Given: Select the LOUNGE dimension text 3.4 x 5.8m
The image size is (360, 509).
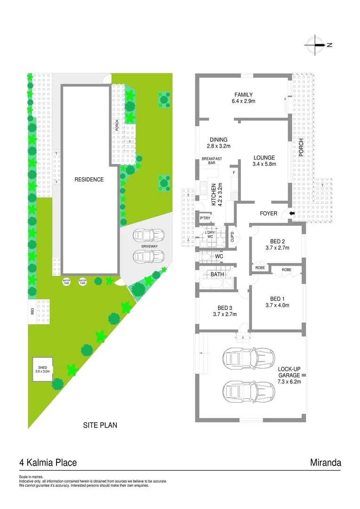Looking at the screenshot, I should click(x=264, y=164).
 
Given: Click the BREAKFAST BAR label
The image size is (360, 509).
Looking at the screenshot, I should click(x=212, y=161).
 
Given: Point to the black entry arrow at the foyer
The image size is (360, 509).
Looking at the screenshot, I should click(x=292, y=213).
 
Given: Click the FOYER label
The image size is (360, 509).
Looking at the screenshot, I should click(x=269, y=213).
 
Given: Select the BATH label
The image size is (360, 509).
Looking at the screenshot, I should click(x=217, y=274).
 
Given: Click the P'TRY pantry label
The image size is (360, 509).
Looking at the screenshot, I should click(x=205, y=219).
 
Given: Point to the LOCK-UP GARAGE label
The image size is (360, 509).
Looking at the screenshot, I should click(x=289, y=372).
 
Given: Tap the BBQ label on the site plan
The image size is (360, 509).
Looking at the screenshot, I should click(x=32, y=312).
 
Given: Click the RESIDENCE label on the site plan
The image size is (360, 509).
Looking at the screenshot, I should click(x=89, y=180).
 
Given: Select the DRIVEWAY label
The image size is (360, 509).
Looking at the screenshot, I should click(x=148, y=246).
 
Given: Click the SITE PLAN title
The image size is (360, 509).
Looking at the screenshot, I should click(x=100, y=425).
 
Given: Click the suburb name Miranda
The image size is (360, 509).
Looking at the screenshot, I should click(x=325, y=463).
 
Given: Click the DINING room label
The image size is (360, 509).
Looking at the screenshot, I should click(x=219, y=140).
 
